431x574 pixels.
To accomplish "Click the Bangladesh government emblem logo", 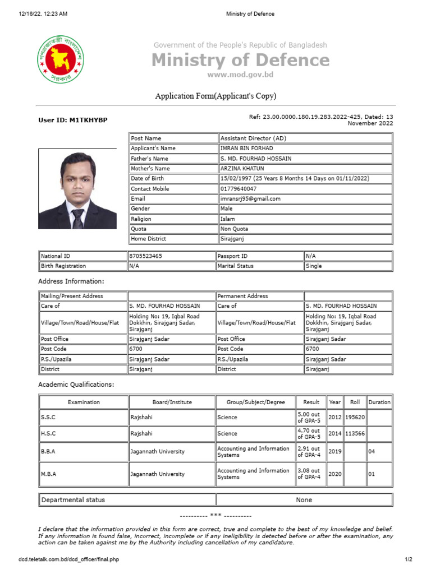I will (x=61, y=60).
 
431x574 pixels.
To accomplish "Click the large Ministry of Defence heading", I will (x=240, y=60).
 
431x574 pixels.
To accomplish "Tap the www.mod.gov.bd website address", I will (x=240, y=75).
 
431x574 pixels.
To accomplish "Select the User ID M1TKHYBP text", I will (x=73, y=121).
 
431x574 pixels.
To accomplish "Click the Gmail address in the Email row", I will (x=250, y=198).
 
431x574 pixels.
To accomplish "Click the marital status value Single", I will (x=314, y=266).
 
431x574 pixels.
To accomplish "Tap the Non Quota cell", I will (x=235, y=229).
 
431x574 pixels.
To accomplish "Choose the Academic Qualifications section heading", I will (x=76, y=385).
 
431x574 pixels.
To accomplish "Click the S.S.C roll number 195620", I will (x=354, y=418).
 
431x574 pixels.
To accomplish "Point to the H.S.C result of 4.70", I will (x=308, y=433).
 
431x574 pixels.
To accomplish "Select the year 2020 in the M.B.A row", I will (x=335, y=474).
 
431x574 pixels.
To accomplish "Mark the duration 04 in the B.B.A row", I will (x=371, y=452).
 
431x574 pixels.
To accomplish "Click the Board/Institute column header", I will (x=172, y=402).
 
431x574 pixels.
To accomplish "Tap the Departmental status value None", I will (x=304, y=500).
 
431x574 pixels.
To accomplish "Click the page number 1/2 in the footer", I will (x=408, y=559).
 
